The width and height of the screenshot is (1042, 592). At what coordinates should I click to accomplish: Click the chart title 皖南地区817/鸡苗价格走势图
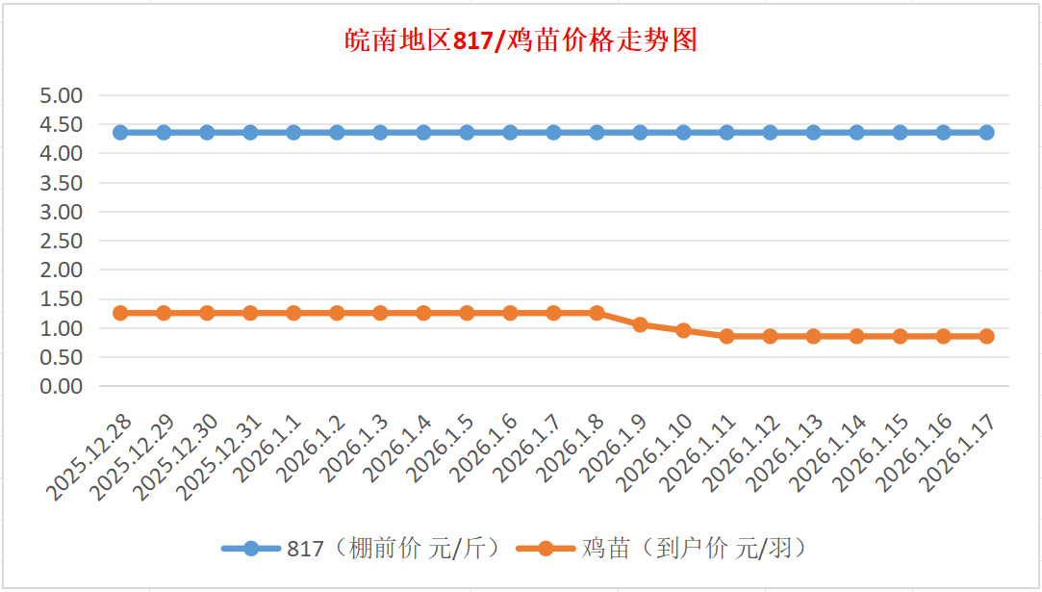(521, 41)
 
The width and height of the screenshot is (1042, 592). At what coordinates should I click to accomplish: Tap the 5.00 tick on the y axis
(62, 95)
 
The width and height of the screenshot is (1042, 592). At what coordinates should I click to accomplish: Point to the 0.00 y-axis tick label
(62, 386)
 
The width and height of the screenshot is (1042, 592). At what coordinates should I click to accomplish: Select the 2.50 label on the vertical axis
(62, 241)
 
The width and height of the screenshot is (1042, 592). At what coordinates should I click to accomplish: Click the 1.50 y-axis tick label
(62, 299)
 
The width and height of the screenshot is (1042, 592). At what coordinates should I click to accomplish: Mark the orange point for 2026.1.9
(640, 324)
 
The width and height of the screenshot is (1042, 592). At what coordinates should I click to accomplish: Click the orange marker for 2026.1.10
(683, 330)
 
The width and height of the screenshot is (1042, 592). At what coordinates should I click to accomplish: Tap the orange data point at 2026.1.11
(726, 336)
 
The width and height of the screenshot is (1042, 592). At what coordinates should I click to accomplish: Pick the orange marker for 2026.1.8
(597, 313)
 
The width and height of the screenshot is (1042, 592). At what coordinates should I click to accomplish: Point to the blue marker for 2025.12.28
(120, 132)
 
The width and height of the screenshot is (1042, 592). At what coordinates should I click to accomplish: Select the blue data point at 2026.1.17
(986, 132)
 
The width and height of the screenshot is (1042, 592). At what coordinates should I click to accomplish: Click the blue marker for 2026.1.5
(467, 132)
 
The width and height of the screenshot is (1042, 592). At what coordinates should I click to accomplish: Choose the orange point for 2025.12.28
(120, 313)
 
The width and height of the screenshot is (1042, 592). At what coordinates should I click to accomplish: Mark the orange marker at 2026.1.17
(986, 336)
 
